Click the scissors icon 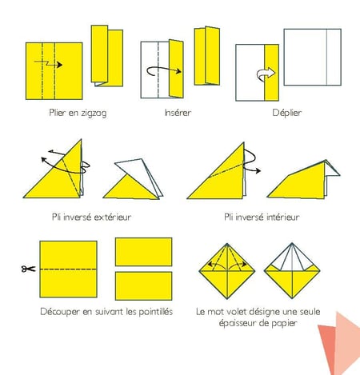(28, 269)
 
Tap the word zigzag (94, 114)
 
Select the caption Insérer (178, 113)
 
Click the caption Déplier (287, 113)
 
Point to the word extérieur (113, 217)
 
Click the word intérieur (281, 217)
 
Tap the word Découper (60, 312)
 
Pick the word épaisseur (238, 323)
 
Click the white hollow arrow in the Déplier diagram (266, 74)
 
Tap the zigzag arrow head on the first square (59, 65)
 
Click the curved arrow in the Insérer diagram (163, 70)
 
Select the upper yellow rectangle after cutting (143, 252)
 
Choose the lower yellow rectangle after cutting (143, 286)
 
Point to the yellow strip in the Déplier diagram (272, 73)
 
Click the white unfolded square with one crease (312, 57)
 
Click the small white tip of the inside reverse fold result (332, 170)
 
